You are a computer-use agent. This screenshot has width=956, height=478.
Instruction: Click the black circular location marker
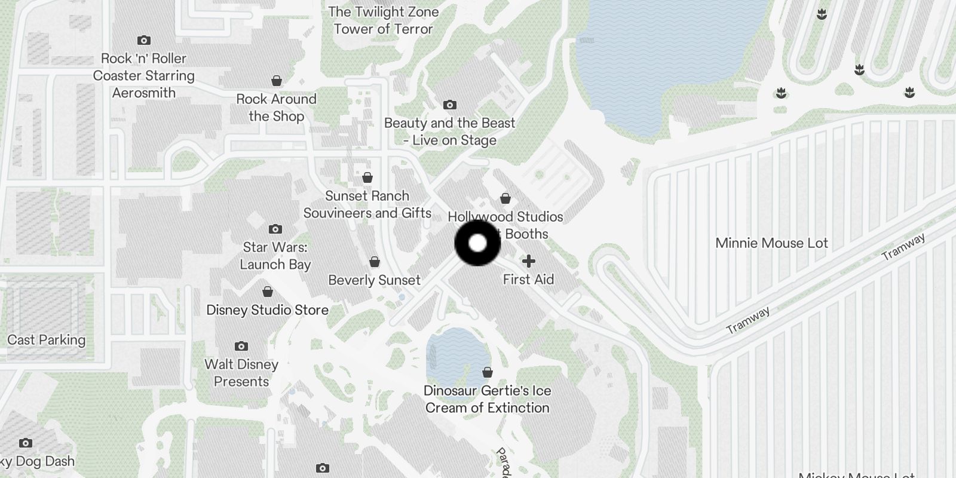pos(477,243)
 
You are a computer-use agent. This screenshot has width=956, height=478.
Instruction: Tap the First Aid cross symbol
pos(528,261)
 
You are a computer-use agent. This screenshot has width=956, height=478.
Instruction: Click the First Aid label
pos(528,280)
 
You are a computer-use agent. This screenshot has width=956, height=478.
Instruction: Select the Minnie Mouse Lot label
pos(771,243)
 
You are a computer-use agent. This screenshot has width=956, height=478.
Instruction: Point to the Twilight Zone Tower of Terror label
pos(383,20)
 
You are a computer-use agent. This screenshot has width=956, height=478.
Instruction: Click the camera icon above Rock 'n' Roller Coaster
pos(143,41)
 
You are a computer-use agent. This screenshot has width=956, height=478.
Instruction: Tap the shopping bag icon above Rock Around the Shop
pos(276,81)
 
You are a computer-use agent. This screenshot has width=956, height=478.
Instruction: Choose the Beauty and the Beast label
pos(449,131)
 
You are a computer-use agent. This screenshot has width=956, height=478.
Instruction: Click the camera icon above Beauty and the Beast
pos(449,105)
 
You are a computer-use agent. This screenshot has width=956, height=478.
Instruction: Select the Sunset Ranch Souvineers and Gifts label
pos(367,204)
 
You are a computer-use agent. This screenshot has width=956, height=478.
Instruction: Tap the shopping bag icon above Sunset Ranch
pos(367,178)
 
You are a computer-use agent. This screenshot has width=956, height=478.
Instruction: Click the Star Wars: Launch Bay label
pos(275,256)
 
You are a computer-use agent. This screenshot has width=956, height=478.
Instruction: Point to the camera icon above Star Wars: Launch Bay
pos(275,229)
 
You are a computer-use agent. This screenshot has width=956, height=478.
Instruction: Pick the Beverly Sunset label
pos(374,280)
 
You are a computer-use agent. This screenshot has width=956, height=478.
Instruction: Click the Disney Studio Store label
pos(267,310)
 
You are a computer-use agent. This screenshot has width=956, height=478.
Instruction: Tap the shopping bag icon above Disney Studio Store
pos(267,292)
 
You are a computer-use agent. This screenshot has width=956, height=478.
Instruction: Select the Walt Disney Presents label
pos(241,373)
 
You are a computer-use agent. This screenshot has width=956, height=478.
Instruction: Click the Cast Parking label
pos(46,340)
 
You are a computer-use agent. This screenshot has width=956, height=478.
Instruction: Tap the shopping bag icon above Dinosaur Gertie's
pos(487,373)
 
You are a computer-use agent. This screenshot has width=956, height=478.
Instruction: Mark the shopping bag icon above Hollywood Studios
pos(505,198)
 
